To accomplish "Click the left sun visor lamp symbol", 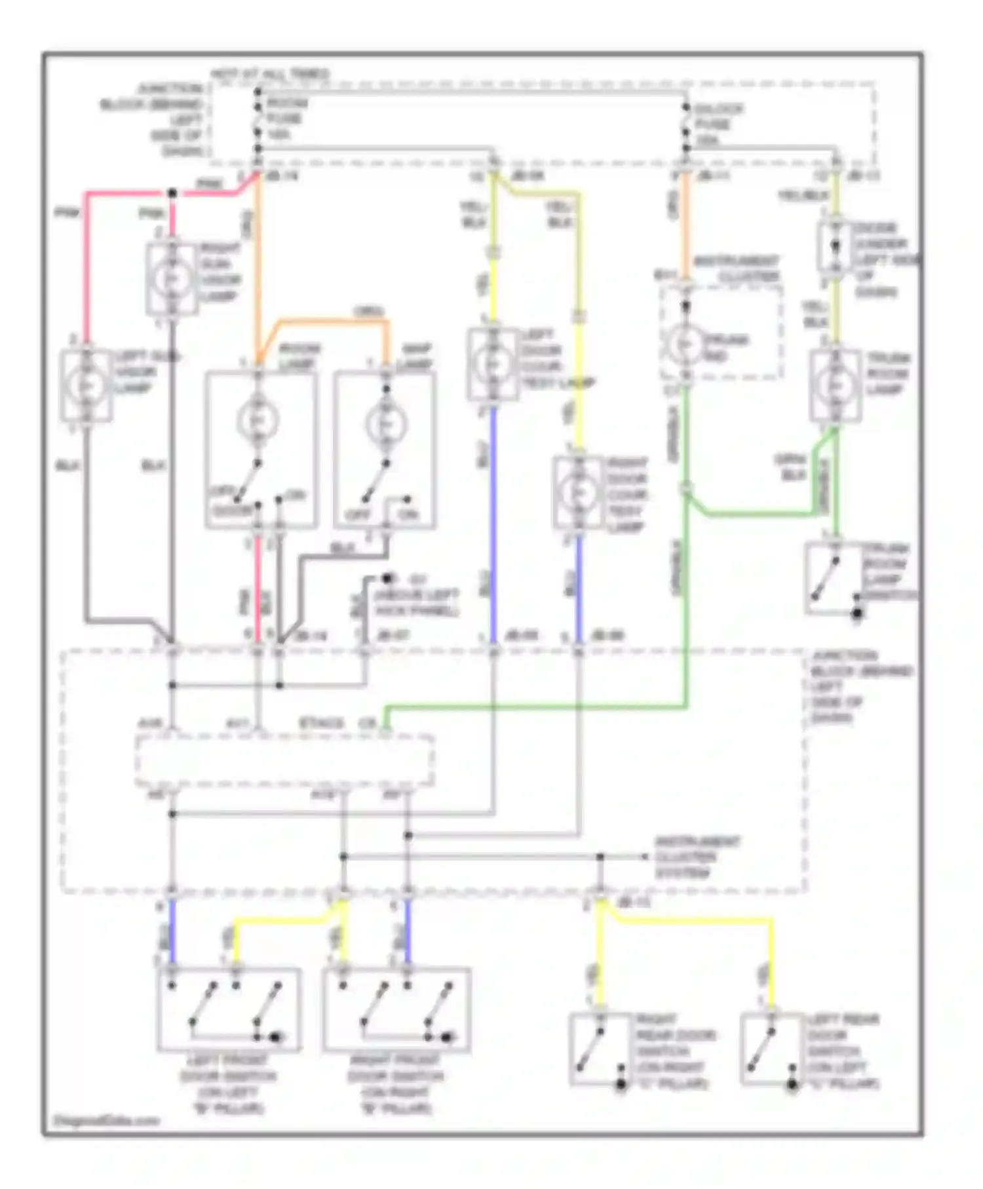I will point(86,385).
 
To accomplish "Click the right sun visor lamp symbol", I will point(172,279).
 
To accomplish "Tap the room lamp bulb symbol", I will point(258,420).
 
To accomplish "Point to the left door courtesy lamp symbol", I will point(493,363).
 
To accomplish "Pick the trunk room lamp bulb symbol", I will point(835,385).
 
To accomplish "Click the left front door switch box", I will point(229,1010).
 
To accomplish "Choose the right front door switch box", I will point(396,1010).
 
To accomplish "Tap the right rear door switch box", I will point(600,1049).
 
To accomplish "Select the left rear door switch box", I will point(771,1049).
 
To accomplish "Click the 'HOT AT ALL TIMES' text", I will point(269,74).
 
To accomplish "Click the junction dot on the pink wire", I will point(172,193).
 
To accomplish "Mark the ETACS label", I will point(321,724).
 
